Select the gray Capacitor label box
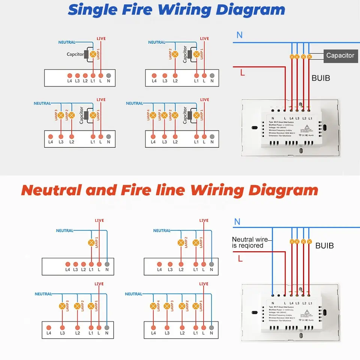pos(340,55)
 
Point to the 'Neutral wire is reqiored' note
pos(250,243)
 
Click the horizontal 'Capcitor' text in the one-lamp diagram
pos(75,54)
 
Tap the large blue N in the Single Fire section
pos(239,35)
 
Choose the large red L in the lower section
pos(240,258)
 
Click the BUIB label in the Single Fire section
pos(321,79)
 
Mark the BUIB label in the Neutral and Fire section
pos(324,246)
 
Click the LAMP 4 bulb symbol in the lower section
pos(153,306)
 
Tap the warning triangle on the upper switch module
pos(307,127)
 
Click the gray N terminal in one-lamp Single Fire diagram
pos(108,75)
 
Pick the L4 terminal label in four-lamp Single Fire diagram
pos(153,142)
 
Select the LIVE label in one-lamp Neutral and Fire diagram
pos(99,220)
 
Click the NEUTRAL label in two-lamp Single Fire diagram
pos(156,42)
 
